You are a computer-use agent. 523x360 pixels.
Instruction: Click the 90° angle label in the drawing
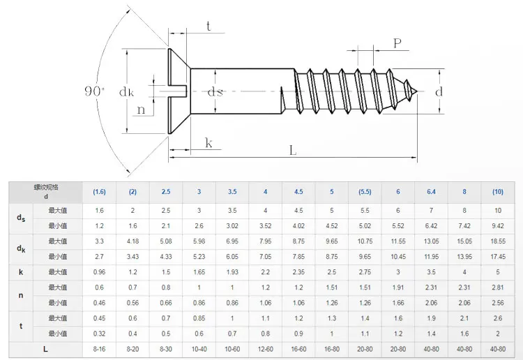point(93,91)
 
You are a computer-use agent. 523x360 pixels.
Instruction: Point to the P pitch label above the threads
point(397,43)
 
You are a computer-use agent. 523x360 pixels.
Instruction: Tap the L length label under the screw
point(292,150)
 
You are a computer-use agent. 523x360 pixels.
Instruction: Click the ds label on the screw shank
point(215,92)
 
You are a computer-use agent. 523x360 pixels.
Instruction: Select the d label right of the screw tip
point(439,92)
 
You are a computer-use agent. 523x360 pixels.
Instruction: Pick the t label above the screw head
point(209,26)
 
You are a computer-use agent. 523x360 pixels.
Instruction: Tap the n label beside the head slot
point(142,110)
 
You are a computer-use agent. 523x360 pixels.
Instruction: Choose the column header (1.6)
point(100,191)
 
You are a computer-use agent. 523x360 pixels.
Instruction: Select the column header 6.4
point(431,191)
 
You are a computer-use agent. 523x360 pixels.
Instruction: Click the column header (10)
point(497,191)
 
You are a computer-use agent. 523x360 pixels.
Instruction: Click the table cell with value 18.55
point(497,241)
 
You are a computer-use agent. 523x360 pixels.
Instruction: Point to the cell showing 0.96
point(100,271)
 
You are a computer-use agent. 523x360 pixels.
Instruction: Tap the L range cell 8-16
point(100,347)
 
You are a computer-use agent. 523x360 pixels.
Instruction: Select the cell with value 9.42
point(497,225)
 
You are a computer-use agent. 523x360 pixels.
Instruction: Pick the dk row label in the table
point(22,248)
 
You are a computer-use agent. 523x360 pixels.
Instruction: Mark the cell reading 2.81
point(497,287)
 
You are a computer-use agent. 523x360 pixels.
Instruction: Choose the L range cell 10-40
point(199,347)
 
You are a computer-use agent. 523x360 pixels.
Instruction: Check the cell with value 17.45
point(497,256)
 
